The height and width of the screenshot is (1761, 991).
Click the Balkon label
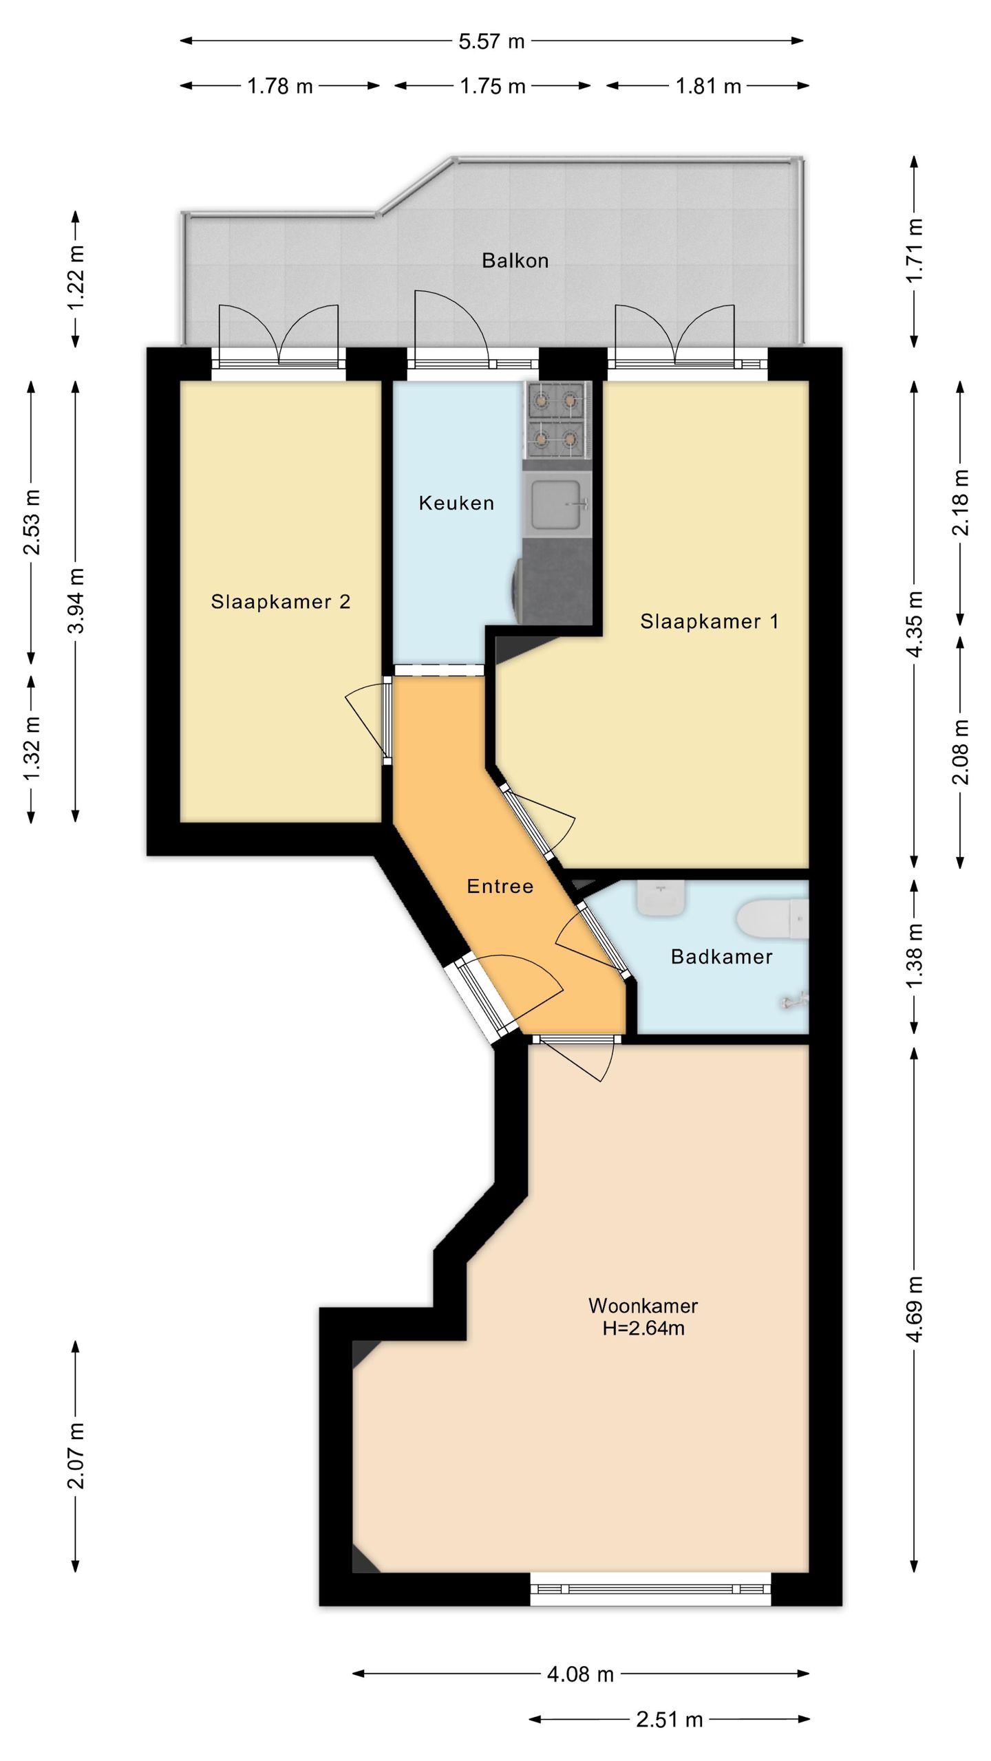pos(515,261)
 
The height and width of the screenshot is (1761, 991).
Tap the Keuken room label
pos(456,504)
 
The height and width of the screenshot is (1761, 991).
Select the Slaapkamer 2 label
pos(281,602)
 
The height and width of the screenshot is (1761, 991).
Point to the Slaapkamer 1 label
pos(710,622)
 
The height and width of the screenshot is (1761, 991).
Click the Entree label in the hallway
pos(500,886)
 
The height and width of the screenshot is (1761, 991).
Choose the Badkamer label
pos(722,957)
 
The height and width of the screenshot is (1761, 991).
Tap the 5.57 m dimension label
pos(491,41)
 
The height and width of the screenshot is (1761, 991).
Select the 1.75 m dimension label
pos(493,87)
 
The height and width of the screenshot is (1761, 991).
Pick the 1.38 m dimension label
pos(915,957)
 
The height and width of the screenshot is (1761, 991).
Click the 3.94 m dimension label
pos(76,601)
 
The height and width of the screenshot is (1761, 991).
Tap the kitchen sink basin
pos(557,504)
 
